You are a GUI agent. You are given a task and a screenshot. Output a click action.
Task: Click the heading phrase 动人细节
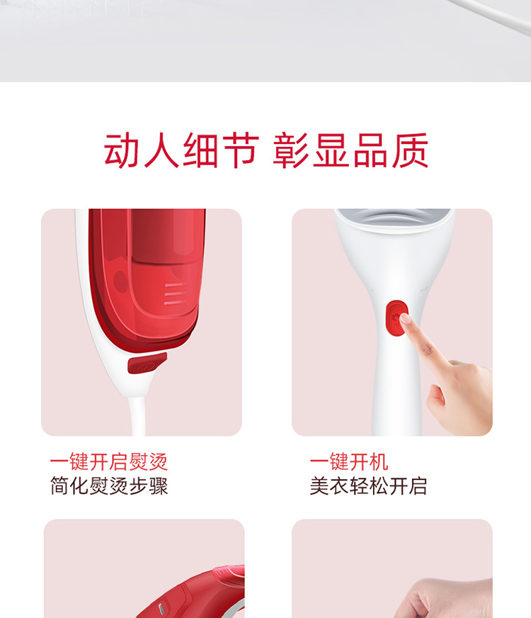click(x=181, y=150)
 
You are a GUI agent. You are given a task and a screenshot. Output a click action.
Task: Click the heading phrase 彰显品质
click(x=350, y=150)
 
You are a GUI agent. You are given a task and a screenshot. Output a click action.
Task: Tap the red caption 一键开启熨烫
click(x=109, y=461)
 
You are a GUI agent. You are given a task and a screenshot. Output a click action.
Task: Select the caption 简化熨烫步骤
click(x=109, y=486)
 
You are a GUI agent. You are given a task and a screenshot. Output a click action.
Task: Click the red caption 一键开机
click(x=349, y=461)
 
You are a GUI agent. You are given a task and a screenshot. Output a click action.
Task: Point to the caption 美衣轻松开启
click(x=368, y=486)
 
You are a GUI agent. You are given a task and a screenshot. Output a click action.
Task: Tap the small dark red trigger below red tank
click(x=147, y=363)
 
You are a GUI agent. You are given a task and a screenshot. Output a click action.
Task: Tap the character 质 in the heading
click(x=410, y=150)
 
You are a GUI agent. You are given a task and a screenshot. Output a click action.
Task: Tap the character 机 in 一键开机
click(x=379, y=461)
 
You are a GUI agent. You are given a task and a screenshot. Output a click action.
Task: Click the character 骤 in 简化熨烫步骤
click(x=159, y=486)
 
